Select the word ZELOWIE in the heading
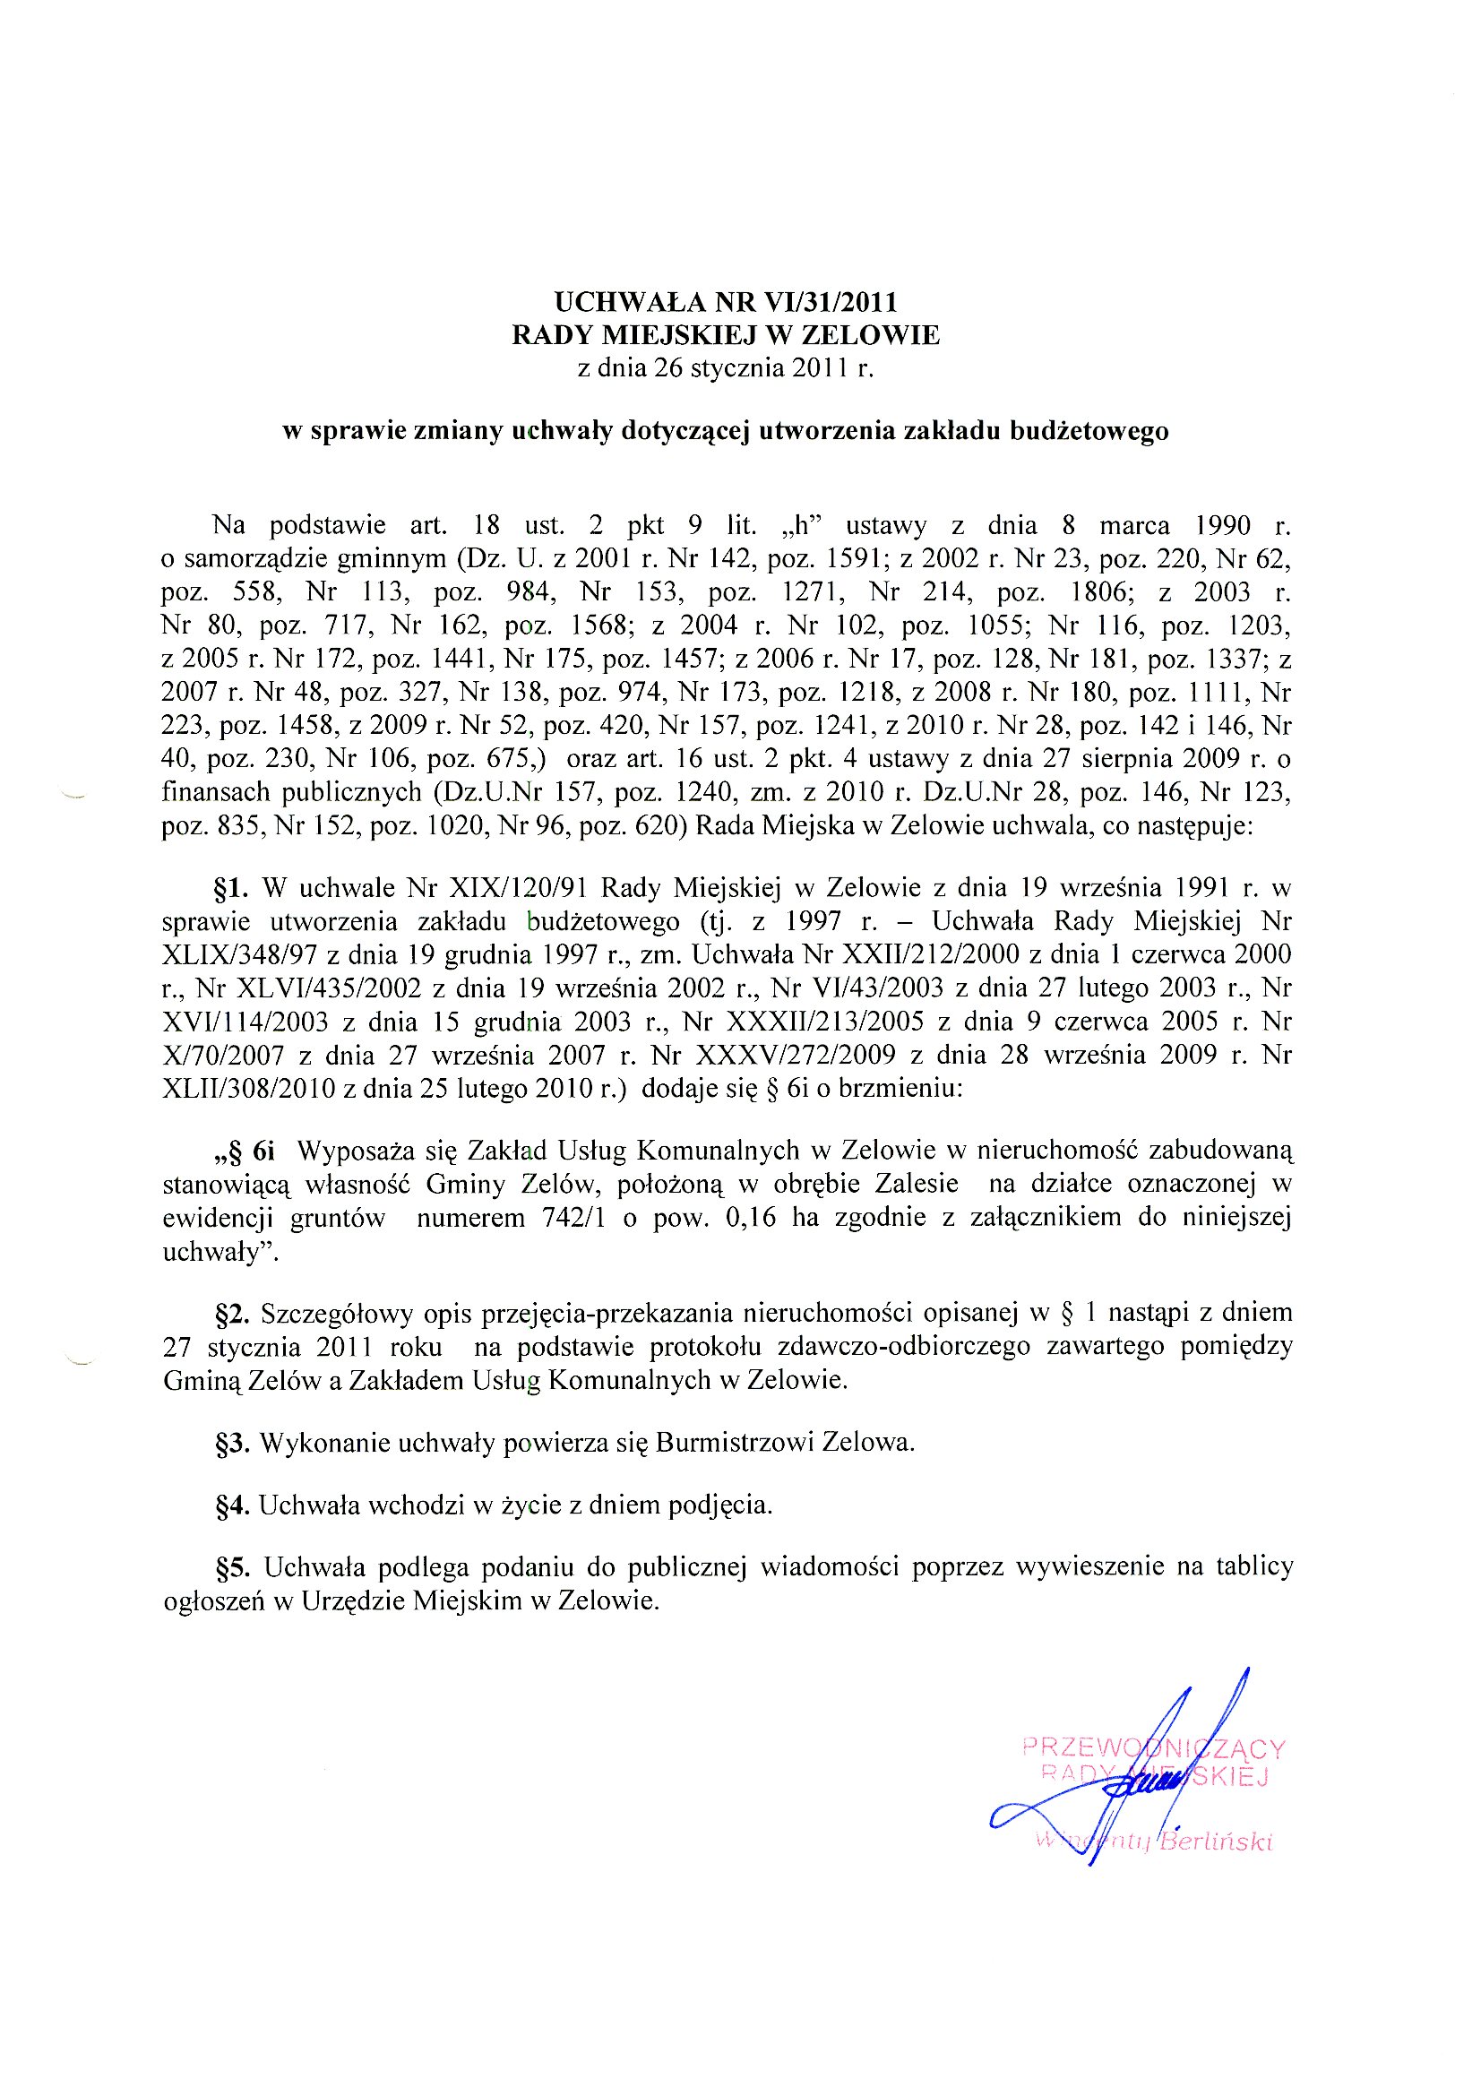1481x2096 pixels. (x=870, y=335)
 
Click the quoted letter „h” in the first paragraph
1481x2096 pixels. (x=799, y=526)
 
